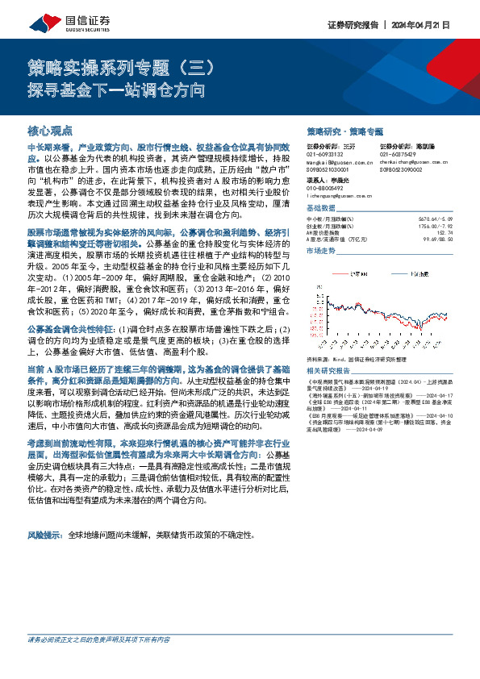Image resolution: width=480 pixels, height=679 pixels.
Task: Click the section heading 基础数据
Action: tap(323, 207)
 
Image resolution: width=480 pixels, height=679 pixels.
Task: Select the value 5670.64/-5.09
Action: tap(439, 219)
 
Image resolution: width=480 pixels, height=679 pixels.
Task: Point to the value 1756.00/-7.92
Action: tap(439, 225)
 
